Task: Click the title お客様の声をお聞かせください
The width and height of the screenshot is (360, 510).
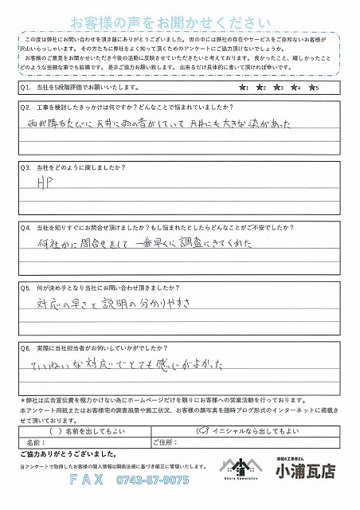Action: pyautogui.click(x=178, y=21)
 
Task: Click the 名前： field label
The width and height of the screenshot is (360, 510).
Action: pyautogui.click(x=36, y=441)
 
